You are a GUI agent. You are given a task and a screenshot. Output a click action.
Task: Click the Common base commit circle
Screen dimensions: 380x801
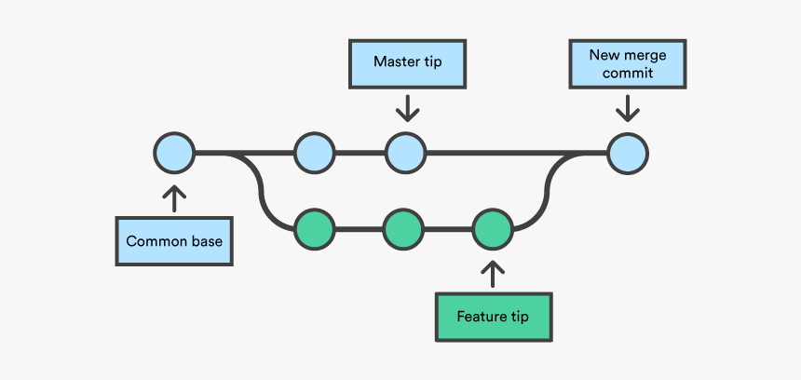point(174,153)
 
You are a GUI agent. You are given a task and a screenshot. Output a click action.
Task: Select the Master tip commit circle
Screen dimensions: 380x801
point(406,153)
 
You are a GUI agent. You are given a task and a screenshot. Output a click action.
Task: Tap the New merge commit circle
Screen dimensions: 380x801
point(627,153)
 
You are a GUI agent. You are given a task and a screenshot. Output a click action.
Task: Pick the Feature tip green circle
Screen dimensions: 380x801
point(493,227)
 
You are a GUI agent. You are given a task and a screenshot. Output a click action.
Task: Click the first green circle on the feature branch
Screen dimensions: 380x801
point(314,227)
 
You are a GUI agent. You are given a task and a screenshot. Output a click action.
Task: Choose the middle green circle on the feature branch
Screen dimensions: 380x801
point(403,227)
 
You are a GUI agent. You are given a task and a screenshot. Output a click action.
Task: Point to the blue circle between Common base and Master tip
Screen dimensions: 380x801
point(314,153)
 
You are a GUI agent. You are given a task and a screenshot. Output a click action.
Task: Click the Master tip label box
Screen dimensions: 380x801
point(407,63)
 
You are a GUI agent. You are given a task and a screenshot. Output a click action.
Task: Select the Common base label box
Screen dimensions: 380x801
point(174,241)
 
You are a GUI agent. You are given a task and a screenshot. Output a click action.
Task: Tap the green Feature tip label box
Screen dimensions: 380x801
point(493,317)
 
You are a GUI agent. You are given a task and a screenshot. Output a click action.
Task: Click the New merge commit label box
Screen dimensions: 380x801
point(627,63)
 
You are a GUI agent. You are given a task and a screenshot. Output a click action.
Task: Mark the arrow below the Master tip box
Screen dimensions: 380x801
point(407,108)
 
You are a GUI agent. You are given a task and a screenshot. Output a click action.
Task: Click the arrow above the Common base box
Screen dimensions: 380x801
point(174,197)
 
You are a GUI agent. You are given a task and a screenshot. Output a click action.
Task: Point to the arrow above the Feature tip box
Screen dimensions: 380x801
point(493,273)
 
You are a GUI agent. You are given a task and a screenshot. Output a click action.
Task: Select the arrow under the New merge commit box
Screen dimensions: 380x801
point(627,108)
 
